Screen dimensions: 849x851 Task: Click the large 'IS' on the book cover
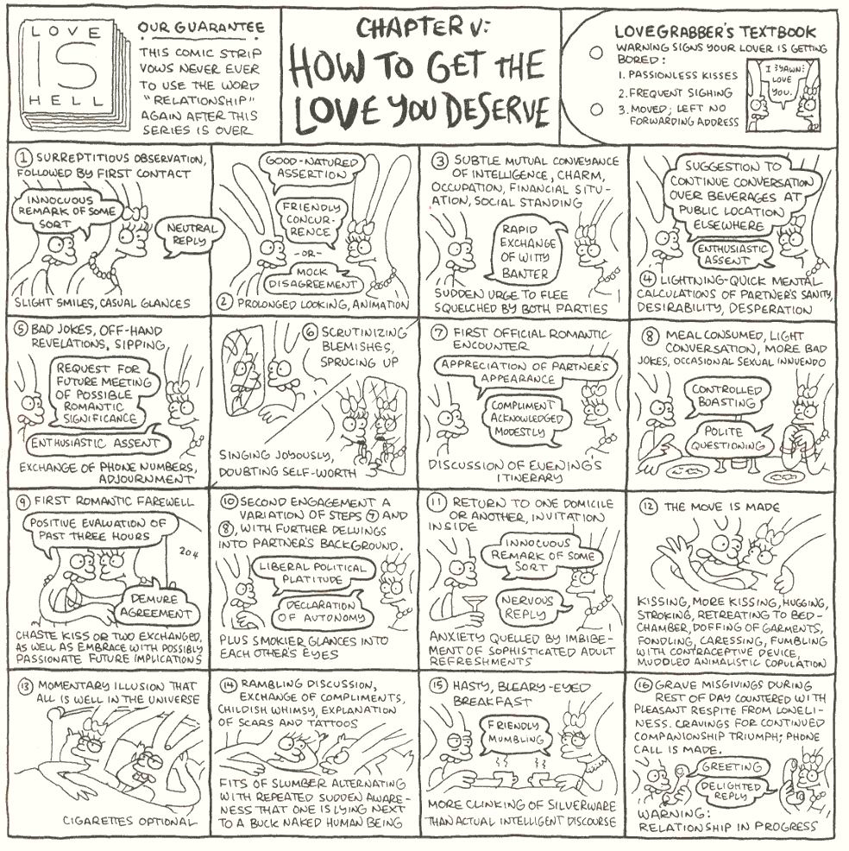[x=66, y=68]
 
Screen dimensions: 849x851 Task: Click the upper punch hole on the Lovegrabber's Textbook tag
[x=595, y=54]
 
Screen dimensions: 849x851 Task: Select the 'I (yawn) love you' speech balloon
[x=782, y=80]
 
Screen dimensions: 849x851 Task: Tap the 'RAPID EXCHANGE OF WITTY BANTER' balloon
[x=528, y=251]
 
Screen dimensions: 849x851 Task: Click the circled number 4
[x=647, y=280]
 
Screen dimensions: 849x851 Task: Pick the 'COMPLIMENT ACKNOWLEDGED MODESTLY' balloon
[x=522, y=419]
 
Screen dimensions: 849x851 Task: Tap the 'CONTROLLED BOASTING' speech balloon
[x=728, y=396]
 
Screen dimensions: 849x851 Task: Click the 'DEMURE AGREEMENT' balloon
[x=155, y=605]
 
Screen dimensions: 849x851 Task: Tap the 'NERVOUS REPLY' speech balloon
[x=526, y=608]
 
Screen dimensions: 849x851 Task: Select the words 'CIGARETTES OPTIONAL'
[x=128, y=821]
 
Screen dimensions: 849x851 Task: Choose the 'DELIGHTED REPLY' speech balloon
[x=732, y=791]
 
